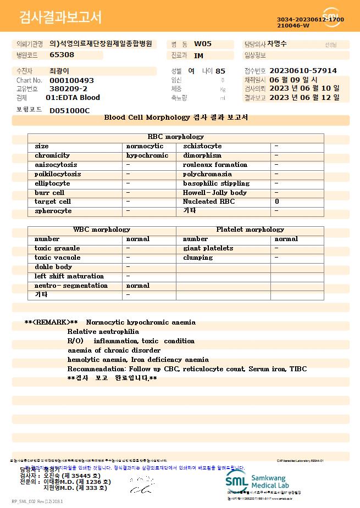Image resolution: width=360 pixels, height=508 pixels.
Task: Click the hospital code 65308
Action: pyautogui.click(x=62, y=55)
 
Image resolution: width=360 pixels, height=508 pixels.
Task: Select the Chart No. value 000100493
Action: pyautogui.click(x=71, y=80)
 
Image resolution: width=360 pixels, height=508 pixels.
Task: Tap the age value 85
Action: pyautogui.click(x=220, y=71)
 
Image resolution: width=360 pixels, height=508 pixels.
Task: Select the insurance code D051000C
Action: pyautogui.click(x=69, y=110)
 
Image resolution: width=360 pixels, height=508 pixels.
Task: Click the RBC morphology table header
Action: pyautogui.click(x=176, y=137)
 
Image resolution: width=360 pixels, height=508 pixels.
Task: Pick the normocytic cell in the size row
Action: pyautogui.click(x=145, y=147)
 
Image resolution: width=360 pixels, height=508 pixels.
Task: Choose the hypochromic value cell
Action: pyautogui.click(x=147, y=156)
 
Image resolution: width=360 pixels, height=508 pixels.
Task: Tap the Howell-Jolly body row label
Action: pyautogui.click(x=215, y=193)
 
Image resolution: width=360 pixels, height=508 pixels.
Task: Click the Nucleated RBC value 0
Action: pyautogui.click(x=277, y=202)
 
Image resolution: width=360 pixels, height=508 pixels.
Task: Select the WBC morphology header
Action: pyautogui.click(x=102, y=230)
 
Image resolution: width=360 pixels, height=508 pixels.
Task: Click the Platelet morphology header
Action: pyautogui.click(x=250, y=230)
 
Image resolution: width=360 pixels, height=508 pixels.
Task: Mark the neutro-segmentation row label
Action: pyautogui.click(x=71, y=286)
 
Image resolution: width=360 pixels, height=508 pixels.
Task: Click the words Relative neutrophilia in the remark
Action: pyautogui.click(x=103, y=332)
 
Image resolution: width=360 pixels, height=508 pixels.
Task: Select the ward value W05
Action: pyautogui.click(x=203, y=44)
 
